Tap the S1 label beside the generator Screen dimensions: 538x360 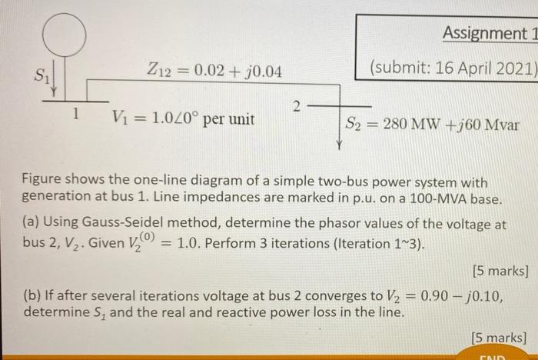tap(37, 75)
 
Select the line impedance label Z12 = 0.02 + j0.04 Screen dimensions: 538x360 tap(214, 72)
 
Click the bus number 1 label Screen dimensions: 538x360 tap(74, 114)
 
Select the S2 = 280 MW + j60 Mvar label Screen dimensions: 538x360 tap(432, 123)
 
